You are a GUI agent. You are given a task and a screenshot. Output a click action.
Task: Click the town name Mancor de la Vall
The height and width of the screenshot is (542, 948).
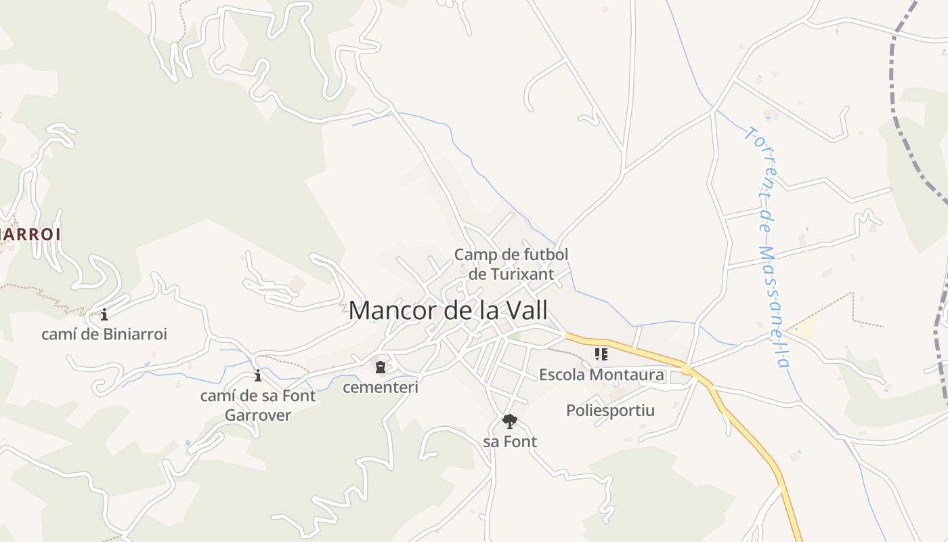pos(448,310)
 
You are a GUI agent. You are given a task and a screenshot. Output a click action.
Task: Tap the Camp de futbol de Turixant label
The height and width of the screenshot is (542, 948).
pos(511,264)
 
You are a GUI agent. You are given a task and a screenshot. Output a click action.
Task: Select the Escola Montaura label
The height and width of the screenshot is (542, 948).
pos(601,375)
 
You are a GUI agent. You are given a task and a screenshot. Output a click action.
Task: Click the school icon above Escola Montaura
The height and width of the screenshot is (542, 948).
pos(601,354)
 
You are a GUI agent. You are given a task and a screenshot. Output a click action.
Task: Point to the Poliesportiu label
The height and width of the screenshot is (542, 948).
pos(610,410)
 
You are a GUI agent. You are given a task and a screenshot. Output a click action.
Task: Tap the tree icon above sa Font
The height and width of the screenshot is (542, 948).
pos(509,421)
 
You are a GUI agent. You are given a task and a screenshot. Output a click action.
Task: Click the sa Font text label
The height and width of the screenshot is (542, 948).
pos(509,442)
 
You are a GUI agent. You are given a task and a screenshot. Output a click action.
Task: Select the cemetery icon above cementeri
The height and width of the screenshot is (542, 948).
pos(380,367)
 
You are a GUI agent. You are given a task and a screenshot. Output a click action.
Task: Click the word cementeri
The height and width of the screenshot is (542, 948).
pos(380,388)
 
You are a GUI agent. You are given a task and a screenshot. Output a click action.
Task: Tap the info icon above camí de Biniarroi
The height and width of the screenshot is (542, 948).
pos(104,314)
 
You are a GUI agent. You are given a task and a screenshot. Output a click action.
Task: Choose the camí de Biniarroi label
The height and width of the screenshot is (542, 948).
pos(104,334)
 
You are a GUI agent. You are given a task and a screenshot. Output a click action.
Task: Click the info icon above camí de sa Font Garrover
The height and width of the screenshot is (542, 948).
pos(257,375)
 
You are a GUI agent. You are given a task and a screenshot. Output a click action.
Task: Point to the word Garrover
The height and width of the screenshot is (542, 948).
pos(257,415)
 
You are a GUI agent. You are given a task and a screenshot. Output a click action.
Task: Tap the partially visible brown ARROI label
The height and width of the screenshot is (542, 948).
pos(30,234)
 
